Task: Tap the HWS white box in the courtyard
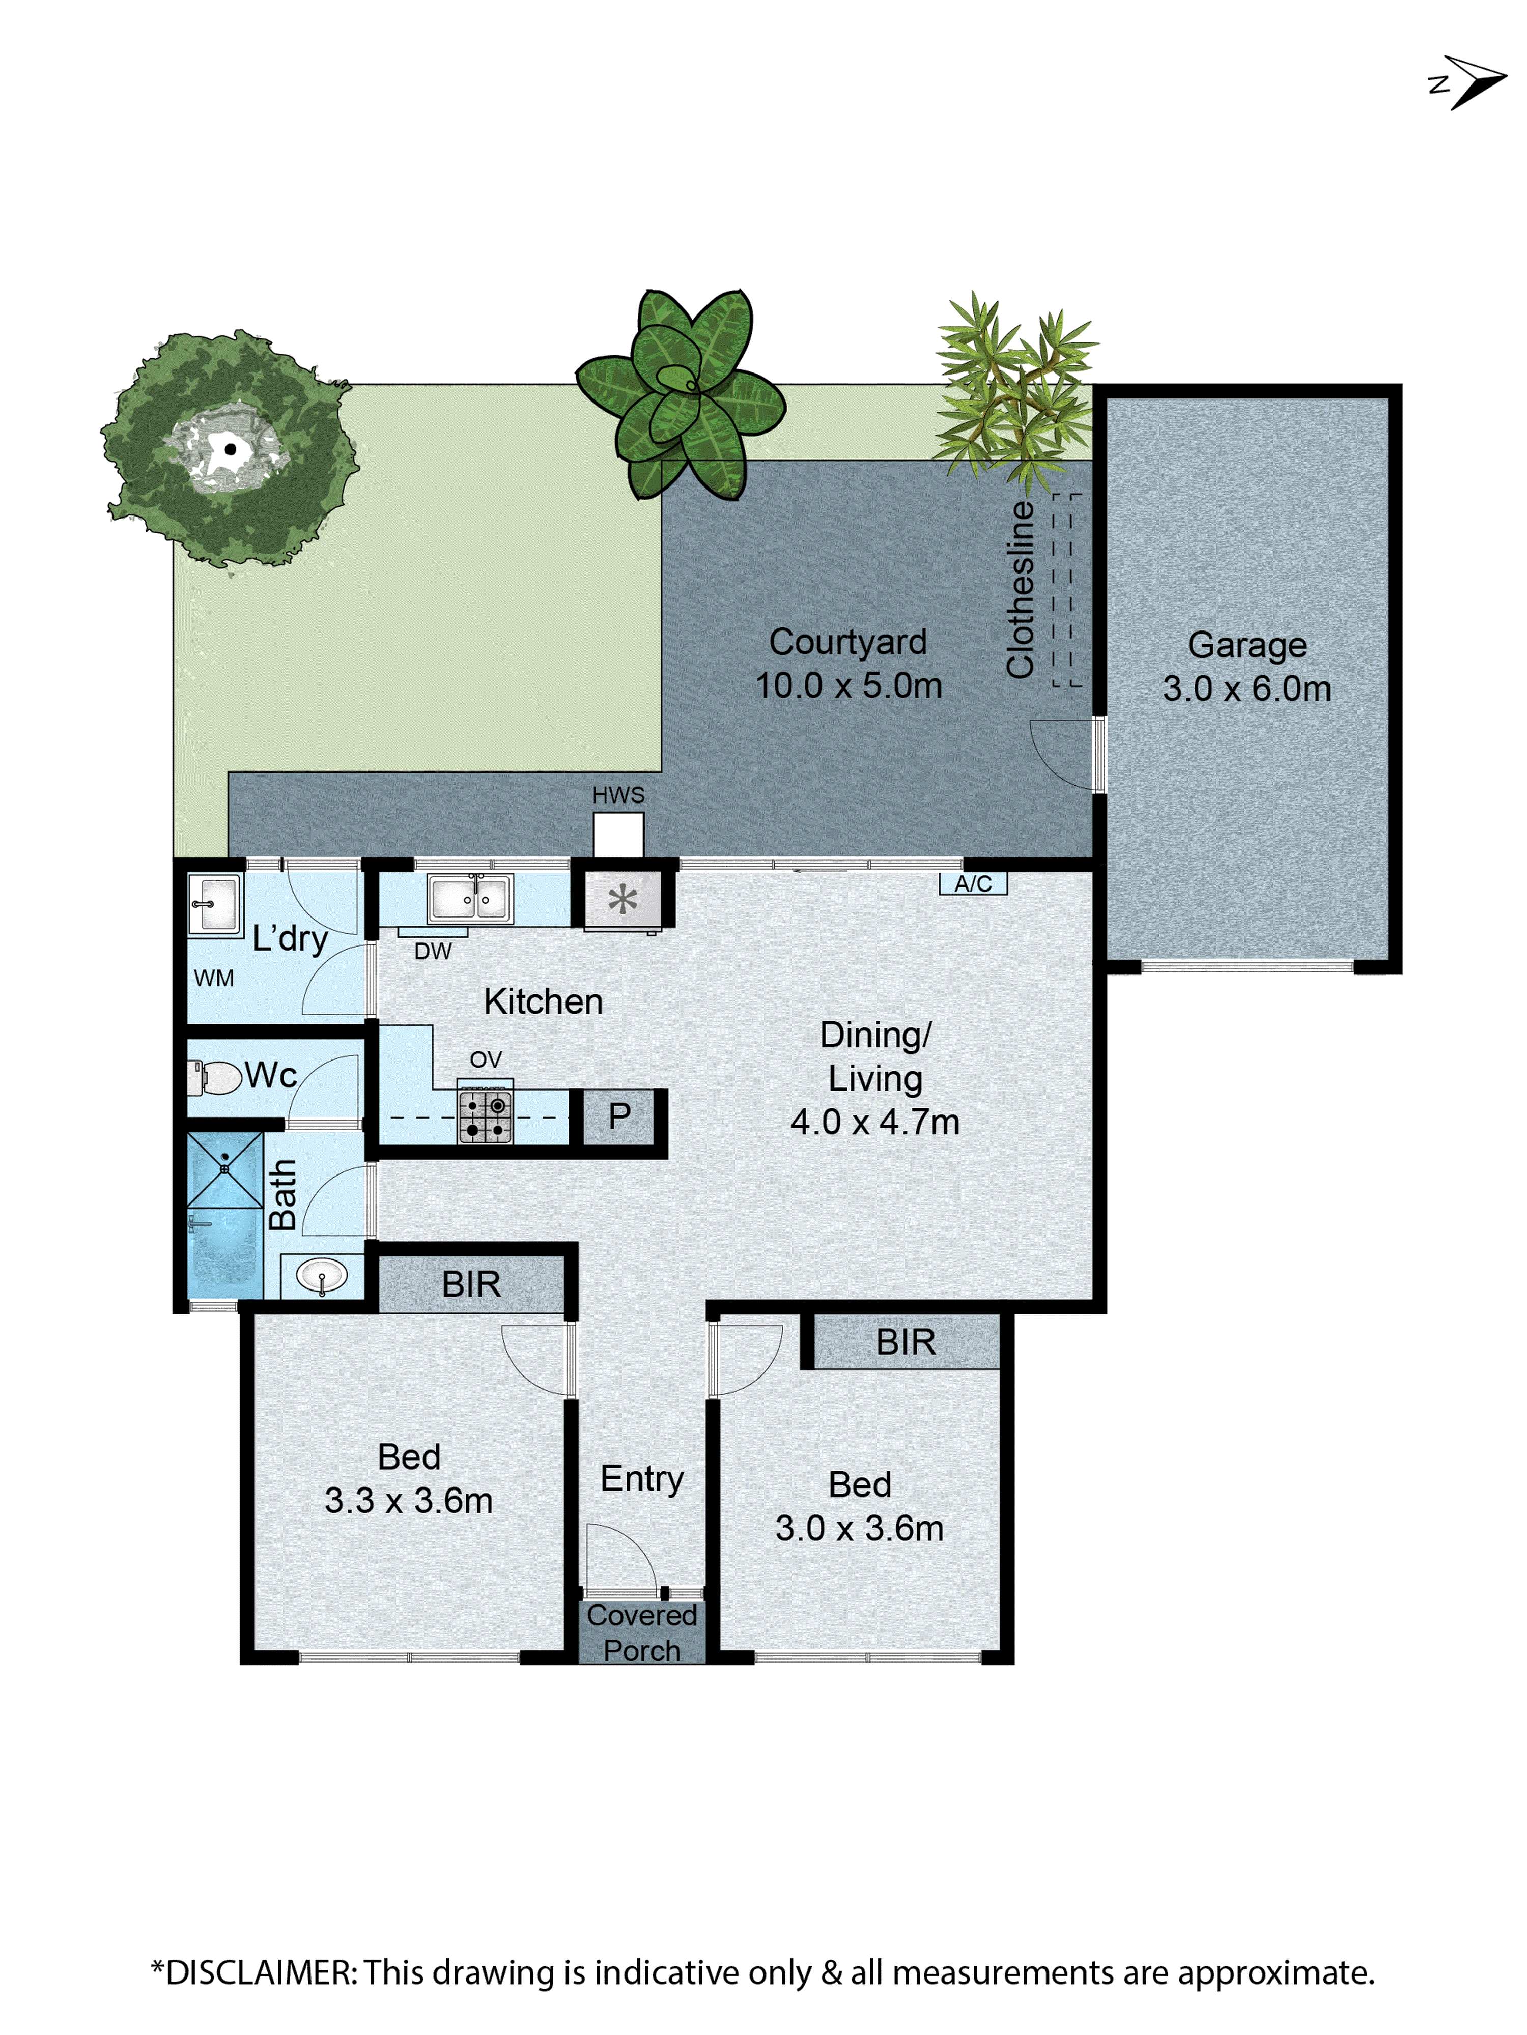617,835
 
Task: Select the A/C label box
973,884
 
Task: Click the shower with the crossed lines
224,1169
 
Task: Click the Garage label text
1246,645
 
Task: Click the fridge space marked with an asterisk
622,899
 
